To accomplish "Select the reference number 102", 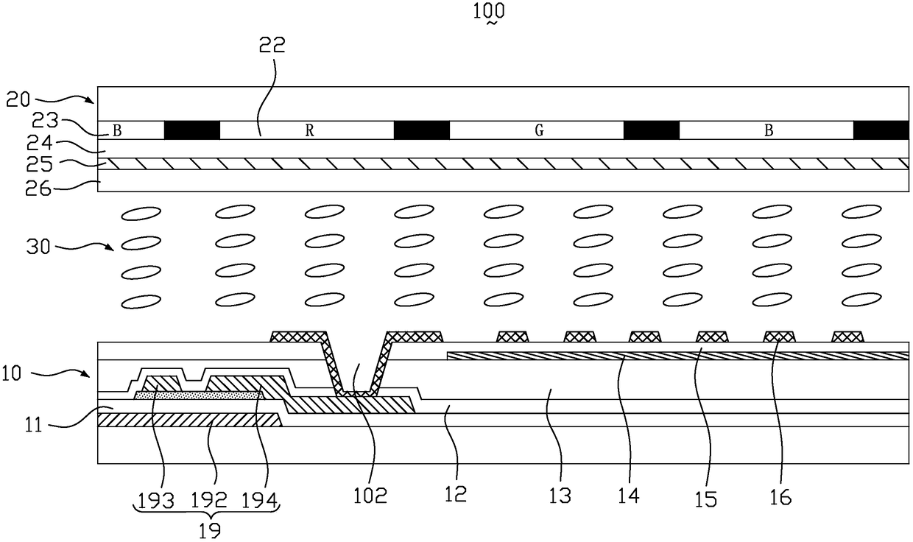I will pyautogui.click(x=370, y=495).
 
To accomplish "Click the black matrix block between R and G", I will pyautogui.click(x=422, y=130).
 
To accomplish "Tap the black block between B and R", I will pyautogui.click(x=191, y=130).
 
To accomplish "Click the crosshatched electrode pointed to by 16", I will pyautogui.click(x=779, y=337).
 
